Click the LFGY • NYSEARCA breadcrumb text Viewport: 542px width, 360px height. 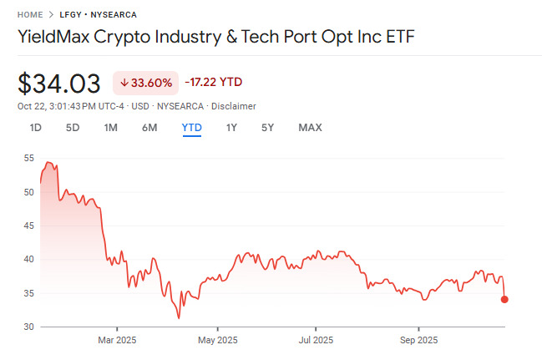pos(99,15)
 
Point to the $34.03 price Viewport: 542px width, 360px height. pos(59,83)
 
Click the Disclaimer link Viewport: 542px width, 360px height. pos(234,106)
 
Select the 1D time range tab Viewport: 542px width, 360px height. pos(36,128)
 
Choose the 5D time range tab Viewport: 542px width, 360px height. pos(73,128)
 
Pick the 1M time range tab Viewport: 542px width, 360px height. pos(110,128)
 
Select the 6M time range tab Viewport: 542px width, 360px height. pos(149,128)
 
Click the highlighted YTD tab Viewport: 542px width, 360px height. pos(191,128)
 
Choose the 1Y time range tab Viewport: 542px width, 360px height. pos(231,128)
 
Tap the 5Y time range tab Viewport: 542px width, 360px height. pos(267,128)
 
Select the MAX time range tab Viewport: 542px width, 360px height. pos(310,128)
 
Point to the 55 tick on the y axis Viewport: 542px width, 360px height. pos(28,158)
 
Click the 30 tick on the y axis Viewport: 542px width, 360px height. pos(28,327)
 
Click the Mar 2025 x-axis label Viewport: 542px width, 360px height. pos(117,340)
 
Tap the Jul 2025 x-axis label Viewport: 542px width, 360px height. pos(316,340)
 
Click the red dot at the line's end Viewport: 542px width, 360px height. pos(504,299)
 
